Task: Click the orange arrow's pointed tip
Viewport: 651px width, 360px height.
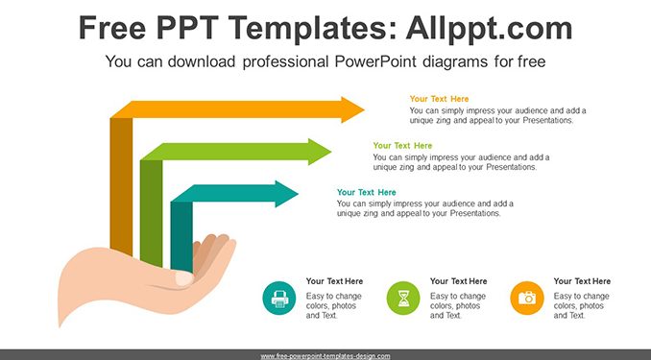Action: tap(364, 109)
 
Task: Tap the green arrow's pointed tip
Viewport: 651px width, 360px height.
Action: tap(331, 152)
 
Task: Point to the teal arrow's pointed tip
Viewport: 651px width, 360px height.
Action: tap(298, 194)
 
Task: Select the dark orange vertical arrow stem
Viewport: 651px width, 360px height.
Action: tap(121, 186)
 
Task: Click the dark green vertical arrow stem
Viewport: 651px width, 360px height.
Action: tap(151, 212)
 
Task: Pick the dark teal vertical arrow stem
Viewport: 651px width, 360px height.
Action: tap(181, 236)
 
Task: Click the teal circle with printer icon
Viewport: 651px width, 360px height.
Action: tap(279, 299)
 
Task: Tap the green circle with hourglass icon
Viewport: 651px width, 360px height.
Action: tap(403, 299)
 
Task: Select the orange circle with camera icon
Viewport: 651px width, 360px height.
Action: tap(527, 299)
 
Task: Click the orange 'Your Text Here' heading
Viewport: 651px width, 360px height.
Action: tap(439, 99)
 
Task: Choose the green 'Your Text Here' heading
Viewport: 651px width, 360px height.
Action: tap(402, 146)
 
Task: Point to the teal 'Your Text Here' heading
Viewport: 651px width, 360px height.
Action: tap(367, 192)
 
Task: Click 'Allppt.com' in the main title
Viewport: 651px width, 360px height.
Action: tap(489, 28)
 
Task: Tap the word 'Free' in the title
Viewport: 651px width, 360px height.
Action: tap(112, 28)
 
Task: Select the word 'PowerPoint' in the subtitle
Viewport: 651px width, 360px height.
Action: tap(374, 61)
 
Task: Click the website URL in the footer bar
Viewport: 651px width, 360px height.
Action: tap(325, 356)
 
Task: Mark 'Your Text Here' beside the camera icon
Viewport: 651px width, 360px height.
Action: tap(582, 281)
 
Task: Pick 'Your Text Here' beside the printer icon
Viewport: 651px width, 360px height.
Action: tap(335, 281)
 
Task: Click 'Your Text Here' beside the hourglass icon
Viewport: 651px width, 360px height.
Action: tap(458, 281)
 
